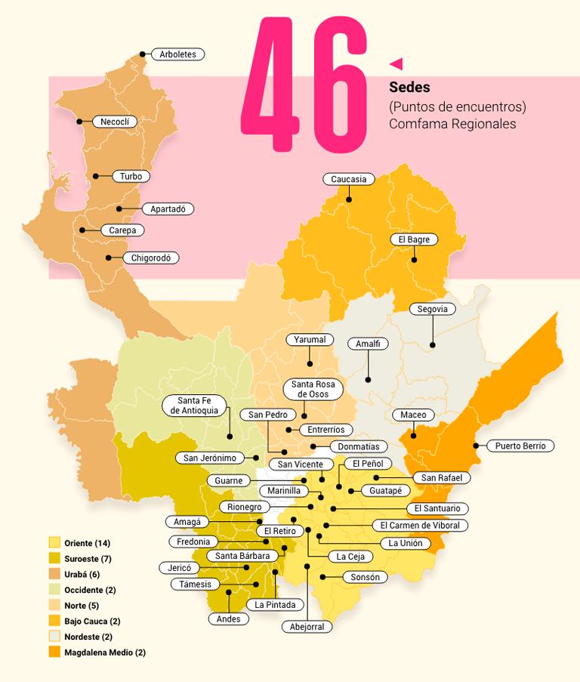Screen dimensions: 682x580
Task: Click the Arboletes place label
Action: [x=177, y=54]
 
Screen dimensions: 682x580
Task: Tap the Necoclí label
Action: [x=116, y=122]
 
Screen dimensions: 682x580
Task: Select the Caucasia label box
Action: [x=349, y=179]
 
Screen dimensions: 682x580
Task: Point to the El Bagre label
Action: [x=414, y=239]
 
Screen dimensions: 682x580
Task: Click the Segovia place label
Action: [x=433, y=309]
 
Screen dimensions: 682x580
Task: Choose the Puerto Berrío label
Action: [x=520, y=446]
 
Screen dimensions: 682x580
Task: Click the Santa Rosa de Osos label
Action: [x=313, y=389]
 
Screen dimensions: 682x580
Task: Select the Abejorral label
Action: [x=307, y=626]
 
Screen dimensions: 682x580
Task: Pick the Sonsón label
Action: [x=366, y=577]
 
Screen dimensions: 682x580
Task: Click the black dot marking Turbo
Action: [x=96, y=176]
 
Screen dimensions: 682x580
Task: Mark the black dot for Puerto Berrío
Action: [x=476, y=446]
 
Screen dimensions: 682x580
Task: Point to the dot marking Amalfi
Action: [x=368, y=379]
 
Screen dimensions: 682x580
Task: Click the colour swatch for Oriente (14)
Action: [x=54, y=543]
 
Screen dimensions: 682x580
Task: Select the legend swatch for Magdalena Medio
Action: [x=54, y=652]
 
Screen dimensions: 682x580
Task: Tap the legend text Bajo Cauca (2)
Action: [x=92, y=621]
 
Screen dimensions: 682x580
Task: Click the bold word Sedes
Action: [x=409, y=88]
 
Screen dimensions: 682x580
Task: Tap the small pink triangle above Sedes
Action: [x=396, y=63]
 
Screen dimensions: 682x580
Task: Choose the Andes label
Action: [x=228, y=619]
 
